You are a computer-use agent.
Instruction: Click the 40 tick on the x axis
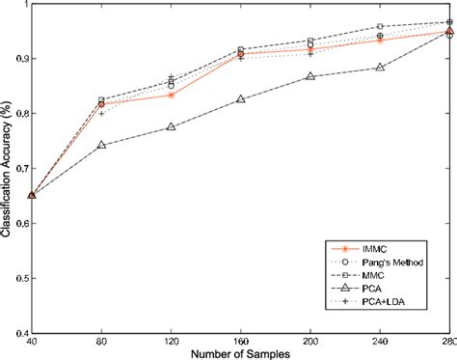click(x=32, y=343)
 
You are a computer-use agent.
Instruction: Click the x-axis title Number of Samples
click(x=240, y=353)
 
